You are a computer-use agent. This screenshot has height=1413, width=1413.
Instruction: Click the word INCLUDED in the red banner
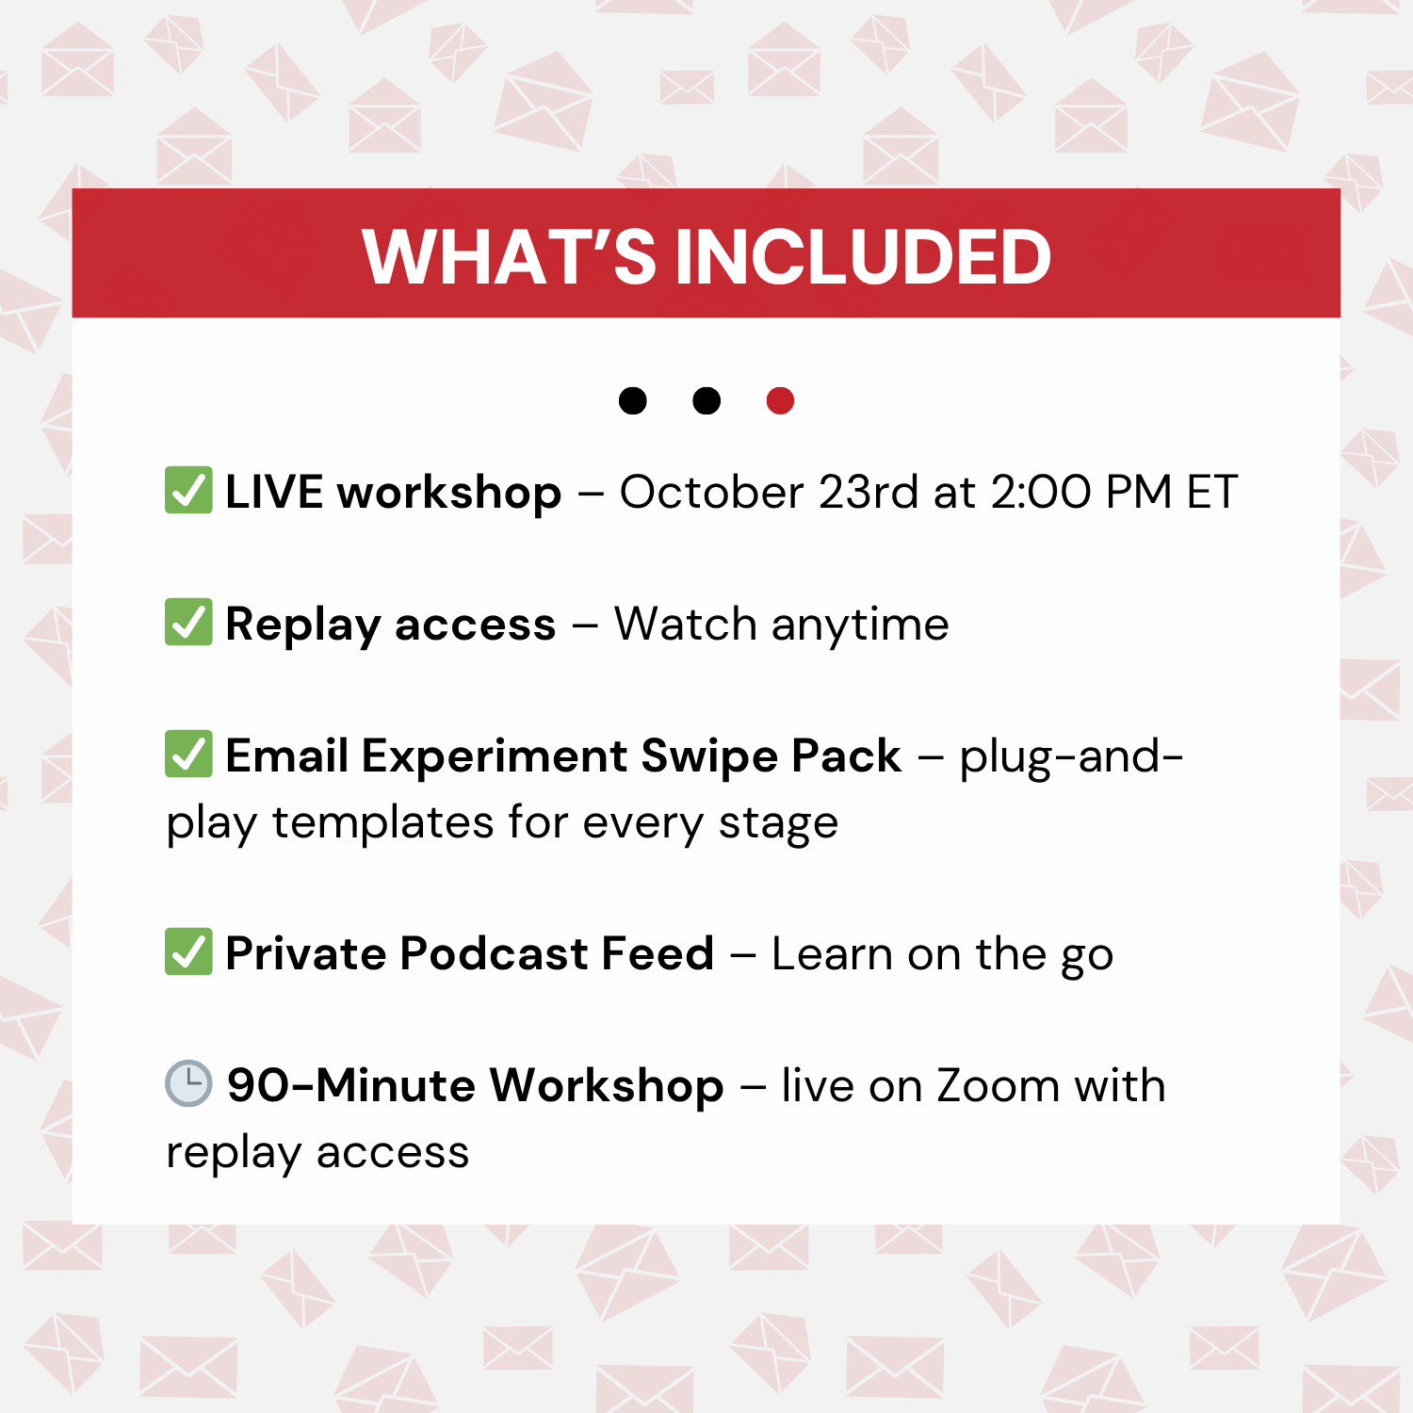tap(863, 256)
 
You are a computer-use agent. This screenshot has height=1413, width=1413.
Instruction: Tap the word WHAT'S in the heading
tap(510, 256)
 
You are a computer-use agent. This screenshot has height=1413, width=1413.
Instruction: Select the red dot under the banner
tap(780, 400)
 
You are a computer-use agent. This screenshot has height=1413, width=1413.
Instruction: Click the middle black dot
tap(706, 400)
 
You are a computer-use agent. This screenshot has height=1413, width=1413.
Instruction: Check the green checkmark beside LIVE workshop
tap(188, 490)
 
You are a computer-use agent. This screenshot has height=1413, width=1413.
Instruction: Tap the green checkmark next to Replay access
tap(188, 622)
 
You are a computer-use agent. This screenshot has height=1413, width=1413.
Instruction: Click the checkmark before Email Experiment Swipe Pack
tap(188, 754)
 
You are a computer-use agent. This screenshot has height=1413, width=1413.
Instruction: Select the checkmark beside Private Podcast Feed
tap(188, 951)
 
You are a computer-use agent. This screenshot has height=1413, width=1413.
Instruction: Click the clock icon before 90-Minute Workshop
tap(188, 1083)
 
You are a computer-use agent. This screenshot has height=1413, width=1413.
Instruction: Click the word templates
tap(382, 823)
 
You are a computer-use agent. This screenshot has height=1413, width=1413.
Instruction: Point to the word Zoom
tap(999, 1085)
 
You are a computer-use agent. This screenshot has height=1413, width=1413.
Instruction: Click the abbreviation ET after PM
tap(1211, 492)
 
